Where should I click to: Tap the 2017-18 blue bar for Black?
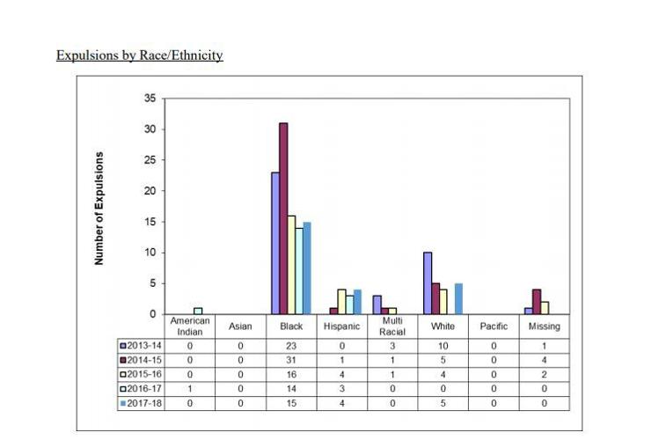(307, 268)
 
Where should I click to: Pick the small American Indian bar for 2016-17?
(198, 312)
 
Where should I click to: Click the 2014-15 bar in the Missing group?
(537, 302)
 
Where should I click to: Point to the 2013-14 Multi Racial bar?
(377, 304)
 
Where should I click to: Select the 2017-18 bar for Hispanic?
(357, 302)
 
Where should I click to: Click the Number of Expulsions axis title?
(99, 209)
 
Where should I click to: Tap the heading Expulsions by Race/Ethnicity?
(139, 55)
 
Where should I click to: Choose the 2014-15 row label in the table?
(142, 359)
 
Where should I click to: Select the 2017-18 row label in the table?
(142, 403)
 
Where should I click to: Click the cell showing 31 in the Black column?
(291, 359)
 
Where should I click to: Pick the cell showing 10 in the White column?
(443, 345)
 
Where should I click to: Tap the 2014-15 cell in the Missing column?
(544, 359)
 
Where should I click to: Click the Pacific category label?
(494, 326)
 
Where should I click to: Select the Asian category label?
(240, 326)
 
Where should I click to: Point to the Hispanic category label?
(341, 326)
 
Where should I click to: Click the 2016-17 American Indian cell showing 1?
(190, 388)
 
